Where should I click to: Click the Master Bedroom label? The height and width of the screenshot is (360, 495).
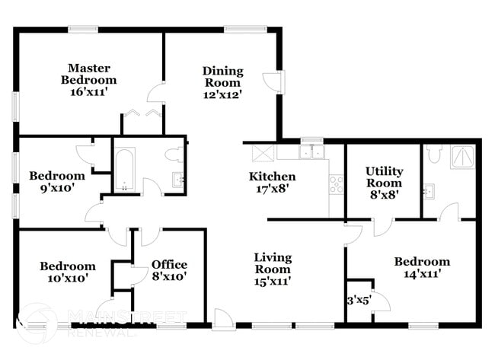(88, 74)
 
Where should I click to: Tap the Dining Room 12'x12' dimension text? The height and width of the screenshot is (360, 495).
(223, 94)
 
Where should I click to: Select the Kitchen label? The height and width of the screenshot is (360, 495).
(272, 177)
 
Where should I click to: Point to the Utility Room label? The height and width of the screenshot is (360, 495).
(384, 177)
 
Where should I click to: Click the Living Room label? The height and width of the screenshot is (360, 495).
(273, 263)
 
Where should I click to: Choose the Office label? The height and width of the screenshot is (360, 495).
(169, 264)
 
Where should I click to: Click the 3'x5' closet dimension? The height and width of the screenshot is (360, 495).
(359, 301)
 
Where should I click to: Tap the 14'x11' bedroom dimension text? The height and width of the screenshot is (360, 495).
(422, 273)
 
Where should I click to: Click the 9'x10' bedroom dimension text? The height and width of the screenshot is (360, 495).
(57, 188)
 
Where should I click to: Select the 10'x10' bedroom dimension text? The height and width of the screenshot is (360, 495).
(68, 279)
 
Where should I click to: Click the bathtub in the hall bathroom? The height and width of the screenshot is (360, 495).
(124, 169)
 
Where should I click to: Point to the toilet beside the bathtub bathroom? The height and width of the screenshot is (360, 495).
(174, 155)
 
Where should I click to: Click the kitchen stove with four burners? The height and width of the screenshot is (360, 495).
(336, 184)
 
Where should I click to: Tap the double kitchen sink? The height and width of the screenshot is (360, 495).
(311, 151)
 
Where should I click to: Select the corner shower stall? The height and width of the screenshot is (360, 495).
(463, 157)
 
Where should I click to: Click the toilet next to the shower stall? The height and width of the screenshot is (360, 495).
(434, 153)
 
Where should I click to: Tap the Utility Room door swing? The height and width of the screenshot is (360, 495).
(384, 227)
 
